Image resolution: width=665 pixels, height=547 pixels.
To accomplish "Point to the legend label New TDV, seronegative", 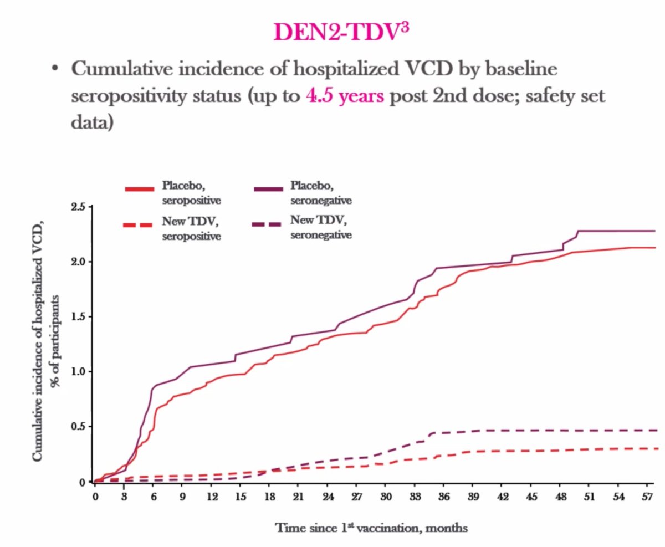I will (321, 228).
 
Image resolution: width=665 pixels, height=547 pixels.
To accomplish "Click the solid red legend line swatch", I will (139, 190).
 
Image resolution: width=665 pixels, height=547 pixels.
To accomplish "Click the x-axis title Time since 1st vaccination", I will (371, 528).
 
